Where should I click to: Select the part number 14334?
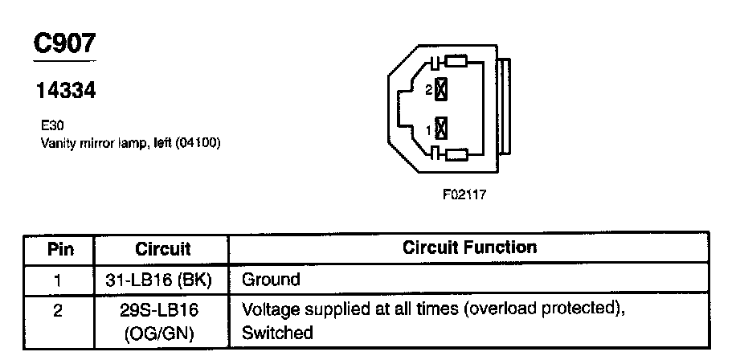coord(66,92)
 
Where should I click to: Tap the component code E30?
coord(51,125)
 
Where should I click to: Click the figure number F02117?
coord(464,194)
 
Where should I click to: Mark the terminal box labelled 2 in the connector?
coord(440,91)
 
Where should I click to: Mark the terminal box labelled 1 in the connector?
coord(440,129)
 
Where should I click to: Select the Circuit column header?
coord(162,248)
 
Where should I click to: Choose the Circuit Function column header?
coord(469,247)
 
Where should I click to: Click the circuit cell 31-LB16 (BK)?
coord(162,280)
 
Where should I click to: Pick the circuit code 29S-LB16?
coord(162,309)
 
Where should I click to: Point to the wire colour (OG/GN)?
coord(162,332)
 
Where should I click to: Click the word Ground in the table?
coord(271,280)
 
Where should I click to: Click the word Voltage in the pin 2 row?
coord(271,309)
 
